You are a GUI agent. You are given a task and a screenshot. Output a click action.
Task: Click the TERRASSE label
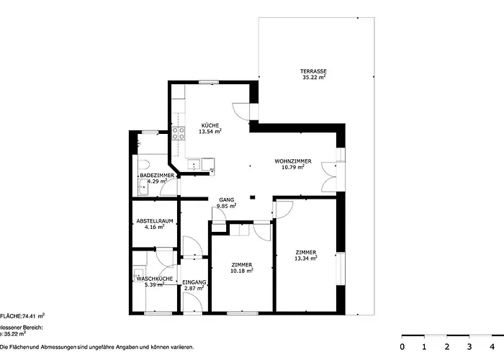click(x=313, y=71)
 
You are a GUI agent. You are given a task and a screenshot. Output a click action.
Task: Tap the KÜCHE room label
click(x=210, y=125)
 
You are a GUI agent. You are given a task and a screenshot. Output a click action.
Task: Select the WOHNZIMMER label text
click(x=293, y=161)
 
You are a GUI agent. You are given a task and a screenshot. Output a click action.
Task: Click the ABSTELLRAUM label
click(x=154, y=221)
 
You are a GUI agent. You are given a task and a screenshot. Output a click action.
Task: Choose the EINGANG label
click(x=194, y=282)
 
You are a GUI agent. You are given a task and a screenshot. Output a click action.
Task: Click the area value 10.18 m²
click(x=241, y=271)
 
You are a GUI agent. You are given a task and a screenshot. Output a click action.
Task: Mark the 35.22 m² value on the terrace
click(x=314, y=77)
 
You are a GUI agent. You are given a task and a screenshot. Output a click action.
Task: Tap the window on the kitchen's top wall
click(x=210, y=83)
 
